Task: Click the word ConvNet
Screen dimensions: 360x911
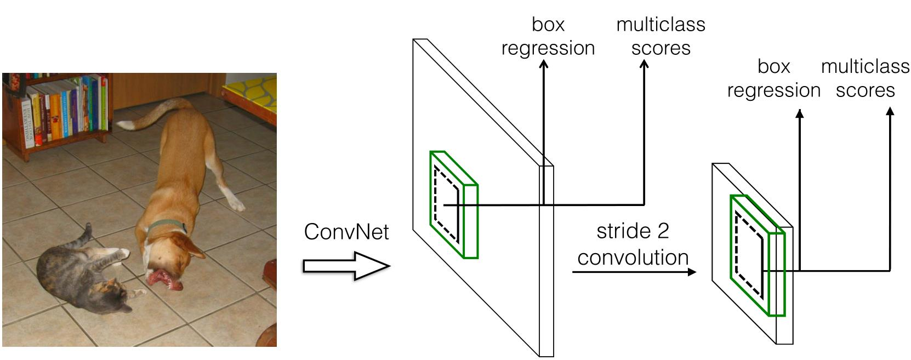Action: tap(346, 232)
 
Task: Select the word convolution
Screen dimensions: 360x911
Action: tap(633, 258)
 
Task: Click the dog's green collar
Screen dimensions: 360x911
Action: tap(167, 226)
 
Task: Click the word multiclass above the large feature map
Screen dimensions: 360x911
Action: tap(661, 25)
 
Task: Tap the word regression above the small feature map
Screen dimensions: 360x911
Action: tap(773, 90)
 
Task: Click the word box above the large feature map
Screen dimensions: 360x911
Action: tap(548, 25)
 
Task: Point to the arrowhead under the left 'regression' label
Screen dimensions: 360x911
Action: tap(543, 65)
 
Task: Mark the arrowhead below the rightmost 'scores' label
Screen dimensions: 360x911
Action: tap(890, 111)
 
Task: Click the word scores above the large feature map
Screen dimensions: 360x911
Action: tap(661, 48)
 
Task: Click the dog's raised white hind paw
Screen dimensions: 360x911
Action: tap(237, 205)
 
